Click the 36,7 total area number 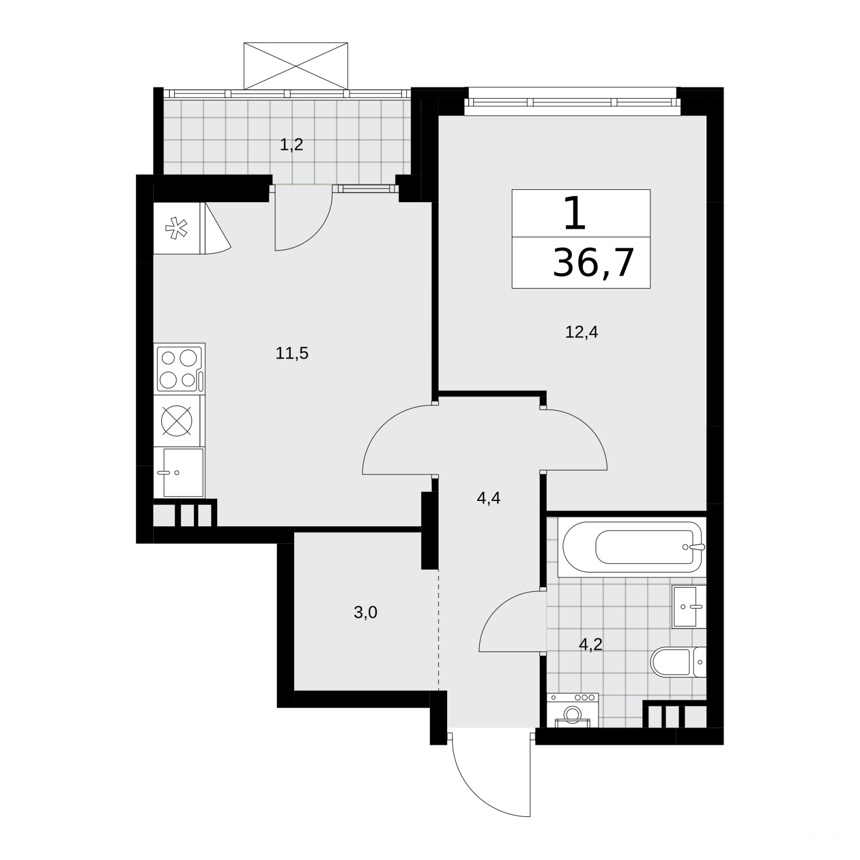point(593,263)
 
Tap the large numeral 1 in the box point(575,213)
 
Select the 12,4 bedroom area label point(582,332)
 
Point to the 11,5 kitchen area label point(292,353)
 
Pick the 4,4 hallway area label point(489,498)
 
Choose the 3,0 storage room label point(365,612)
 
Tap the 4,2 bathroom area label point(590,644)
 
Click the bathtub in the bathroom point(632,547)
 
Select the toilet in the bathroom point(678,662)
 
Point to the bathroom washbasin point(689,607)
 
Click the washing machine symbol point(572,710)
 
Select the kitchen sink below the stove point(180,473)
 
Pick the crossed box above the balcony point(296,66)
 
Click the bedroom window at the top point(572,102)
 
